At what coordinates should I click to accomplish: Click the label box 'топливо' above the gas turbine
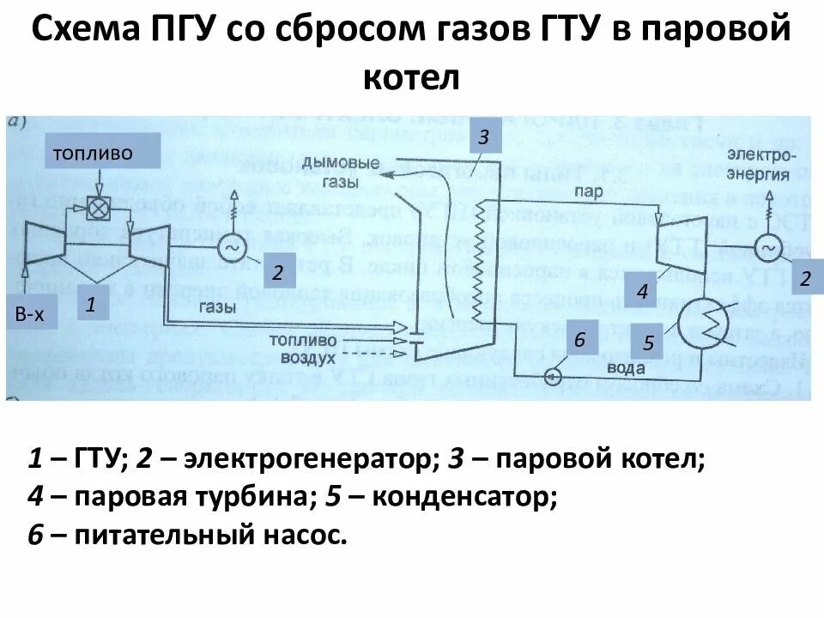103,153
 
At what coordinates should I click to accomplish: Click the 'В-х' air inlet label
28,314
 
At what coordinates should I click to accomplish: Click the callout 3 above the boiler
483,136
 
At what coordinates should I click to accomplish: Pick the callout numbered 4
641,291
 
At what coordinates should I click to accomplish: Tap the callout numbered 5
649,343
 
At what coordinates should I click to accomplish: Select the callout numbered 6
579,340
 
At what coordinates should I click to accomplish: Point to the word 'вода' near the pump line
626,367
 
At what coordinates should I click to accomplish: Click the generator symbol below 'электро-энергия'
767,249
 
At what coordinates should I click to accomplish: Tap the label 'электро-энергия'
762,163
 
